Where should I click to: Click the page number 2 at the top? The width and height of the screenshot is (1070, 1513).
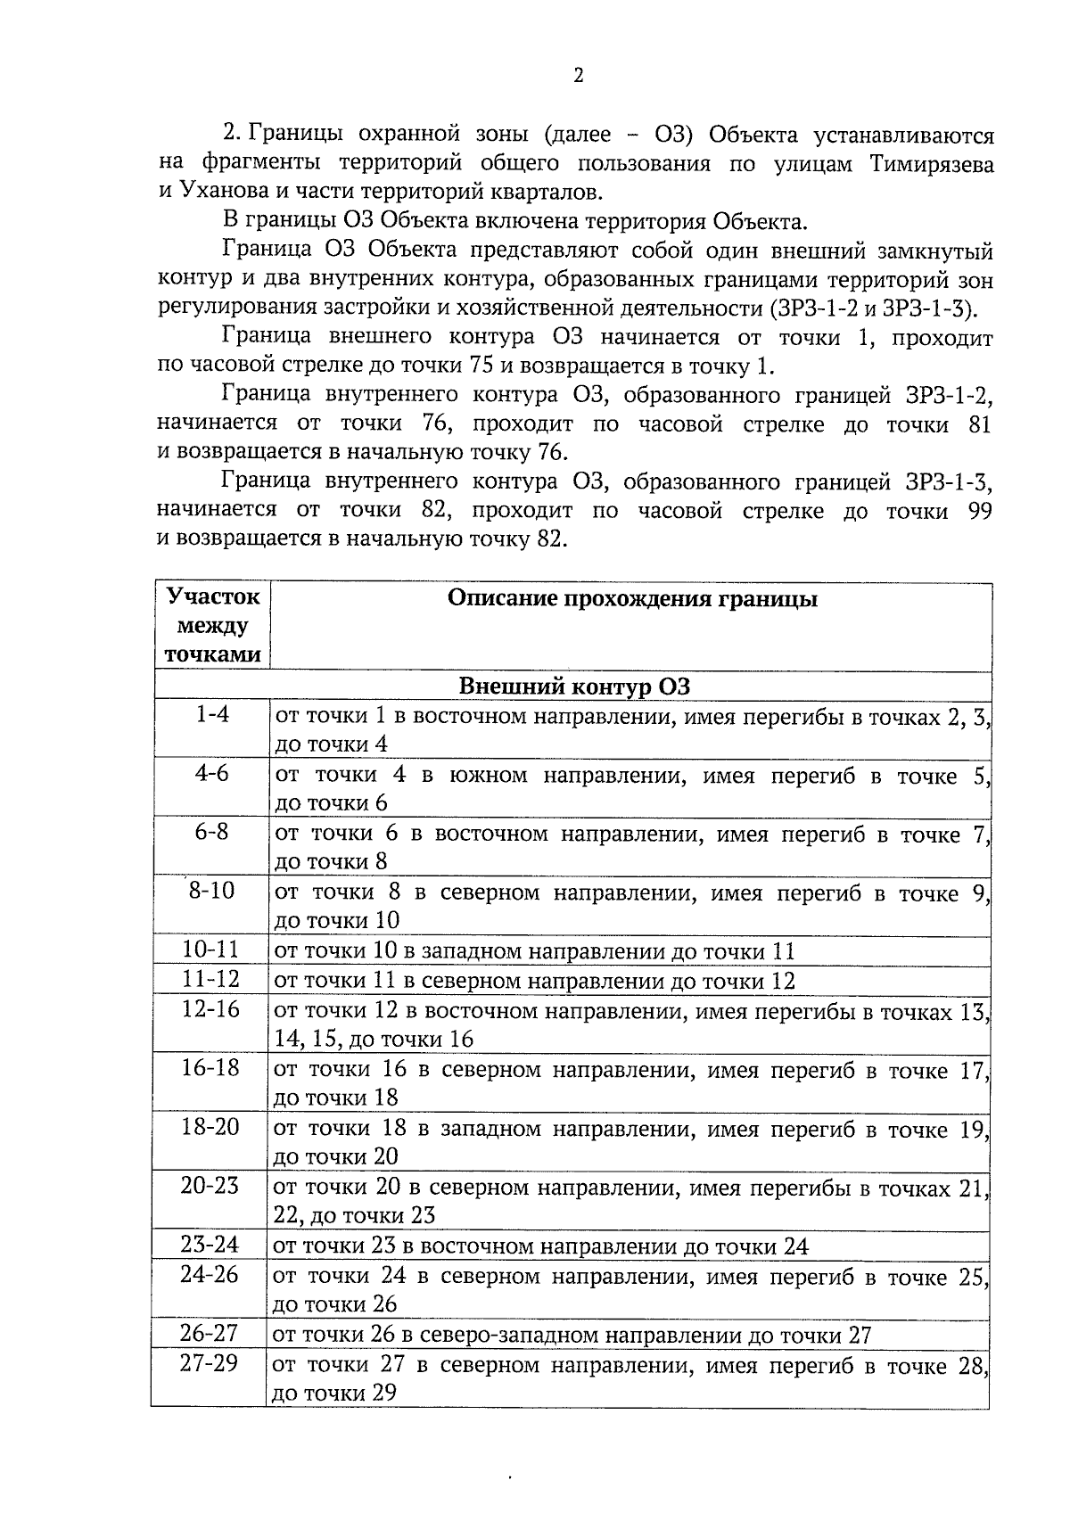[x=578, y=78]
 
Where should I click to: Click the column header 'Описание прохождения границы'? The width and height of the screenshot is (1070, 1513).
[x=631, y=599]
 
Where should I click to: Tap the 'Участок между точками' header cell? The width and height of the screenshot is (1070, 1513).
[x=214, y=626]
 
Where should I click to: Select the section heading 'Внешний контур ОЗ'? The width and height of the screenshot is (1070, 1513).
[x=574, y=687]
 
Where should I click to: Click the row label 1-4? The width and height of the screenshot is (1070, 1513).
[x=212, y=715]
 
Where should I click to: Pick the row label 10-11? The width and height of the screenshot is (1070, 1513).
[x=211, y=950]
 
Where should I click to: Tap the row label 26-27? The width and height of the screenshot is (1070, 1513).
[x=210, y=1334]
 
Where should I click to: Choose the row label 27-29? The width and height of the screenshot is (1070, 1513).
[x=210, y=1364]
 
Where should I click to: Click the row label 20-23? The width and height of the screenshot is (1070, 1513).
[x=210, y=1186]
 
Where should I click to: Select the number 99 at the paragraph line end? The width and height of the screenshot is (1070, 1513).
[x=978, y=512]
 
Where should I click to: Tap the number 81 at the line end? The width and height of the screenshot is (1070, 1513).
[x=978, y=425]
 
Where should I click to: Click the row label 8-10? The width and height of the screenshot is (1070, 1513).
[x=211, y=891]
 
